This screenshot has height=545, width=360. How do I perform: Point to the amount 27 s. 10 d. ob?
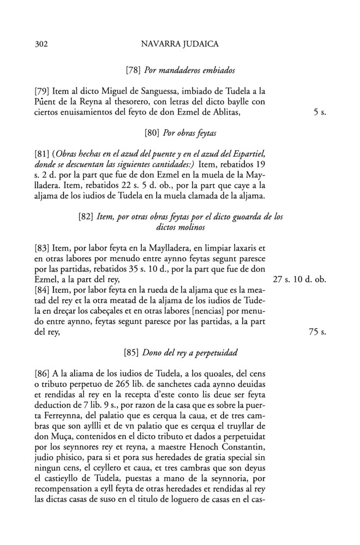pyautogui.click(x=299, y=280)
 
